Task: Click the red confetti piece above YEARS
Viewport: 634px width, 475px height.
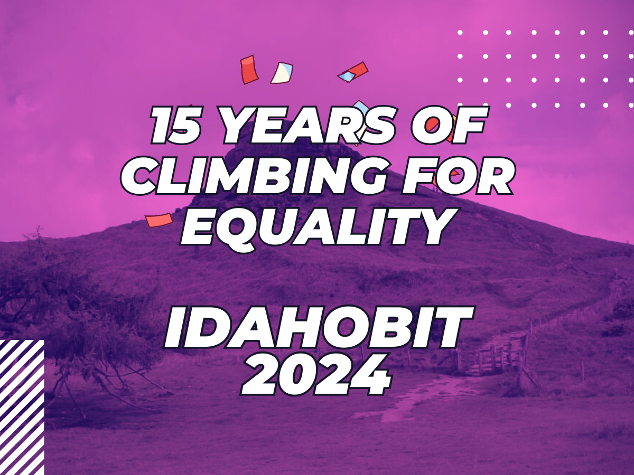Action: click(x=249, y=70)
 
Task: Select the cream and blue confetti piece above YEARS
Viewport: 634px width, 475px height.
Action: click(x=282, y=73)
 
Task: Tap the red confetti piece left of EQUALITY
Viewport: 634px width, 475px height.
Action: click(x=159, y=220)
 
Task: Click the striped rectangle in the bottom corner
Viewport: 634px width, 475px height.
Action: click(x=21, y=406)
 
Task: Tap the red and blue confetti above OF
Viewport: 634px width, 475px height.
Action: click(x=353, y=72)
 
